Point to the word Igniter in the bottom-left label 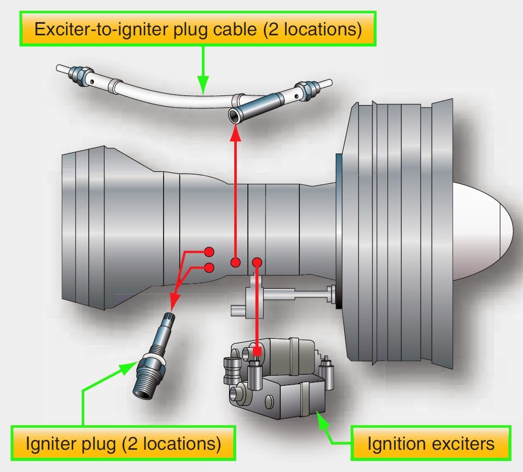54,444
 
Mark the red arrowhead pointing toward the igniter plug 173,304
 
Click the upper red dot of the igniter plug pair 208,251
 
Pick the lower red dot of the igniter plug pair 208,268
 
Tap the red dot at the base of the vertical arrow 235,262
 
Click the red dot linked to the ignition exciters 256,262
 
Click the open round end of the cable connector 234,116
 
